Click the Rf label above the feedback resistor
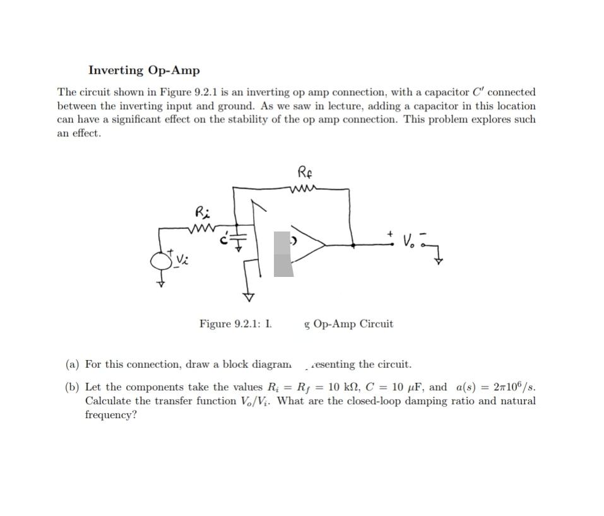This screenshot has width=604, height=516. click(305, 172)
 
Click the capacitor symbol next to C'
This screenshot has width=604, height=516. click(237, 240)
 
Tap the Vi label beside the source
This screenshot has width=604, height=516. click(181, 259)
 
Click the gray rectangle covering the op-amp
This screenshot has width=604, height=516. click(283, 254)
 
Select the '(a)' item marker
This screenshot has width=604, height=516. click(73, 364)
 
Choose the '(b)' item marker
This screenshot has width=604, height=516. click(73, 387)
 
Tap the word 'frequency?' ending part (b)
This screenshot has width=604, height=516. click(110, 415)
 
